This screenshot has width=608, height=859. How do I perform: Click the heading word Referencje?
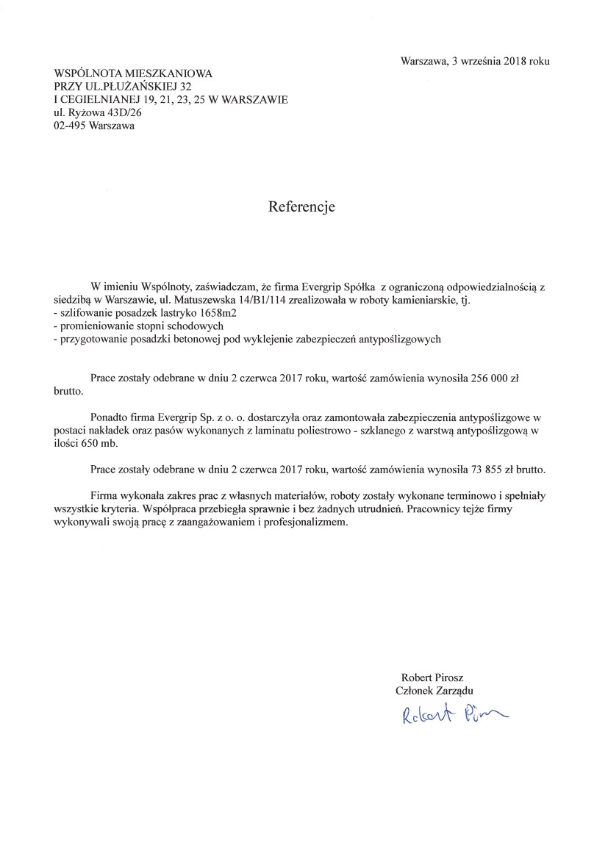pos(301,207)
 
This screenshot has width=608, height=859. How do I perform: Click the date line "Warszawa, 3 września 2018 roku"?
pos(475,62)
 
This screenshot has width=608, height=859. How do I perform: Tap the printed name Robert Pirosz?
pos(432,677)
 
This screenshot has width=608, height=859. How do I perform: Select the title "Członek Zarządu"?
pos(434,690)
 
